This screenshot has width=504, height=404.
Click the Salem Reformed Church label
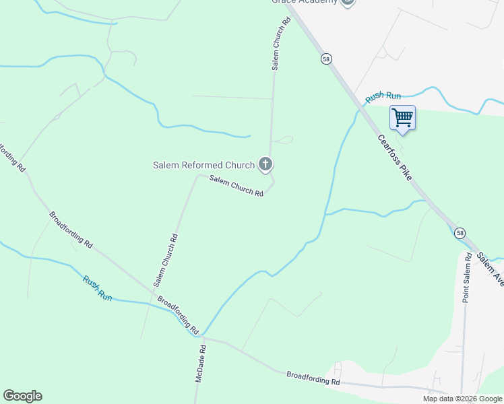tap(203, 165)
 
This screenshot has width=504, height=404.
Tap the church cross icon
tap(265, 164)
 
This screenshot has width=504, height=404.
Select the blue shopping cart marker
tap(402, 118)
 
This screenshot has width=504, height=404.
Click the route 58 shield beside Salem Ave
tap(460, 233)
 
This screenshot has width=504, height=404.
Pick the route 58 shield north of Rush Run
tap(326, 59)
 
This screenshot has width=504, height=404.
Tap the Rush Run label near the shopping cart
tap(383, 97)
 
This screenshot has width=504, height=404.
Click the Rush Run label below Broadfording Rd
tap(97, 288)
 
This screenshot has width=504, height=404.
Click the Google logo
tap(22, 396)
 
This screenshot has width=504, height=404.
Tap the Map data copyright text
tap(462, 399)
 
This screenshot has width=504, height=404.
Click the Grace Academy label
tap(304, 2)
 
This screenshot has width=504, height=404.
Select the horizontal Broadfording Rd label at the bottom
tap(313, 378)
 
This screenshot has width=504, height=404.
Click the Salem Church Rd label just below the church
tap(236, 186)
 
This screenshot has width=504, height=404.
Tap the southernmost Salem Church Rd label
tap(165, 257)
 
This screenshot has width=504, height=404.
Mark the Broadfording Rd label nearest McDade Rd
tap(178, 314)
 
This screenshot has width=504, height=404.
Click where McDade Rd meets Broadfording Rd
tap(199, 337)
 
